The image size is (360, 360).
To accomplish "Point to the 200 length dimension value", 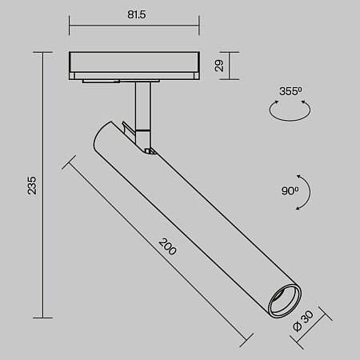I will [x=167, y=246].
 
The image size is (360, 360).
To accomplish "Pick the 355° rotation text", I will [x=292, y=92].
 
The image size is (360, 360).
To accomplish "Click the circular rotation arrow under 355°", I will [x=289, y=114].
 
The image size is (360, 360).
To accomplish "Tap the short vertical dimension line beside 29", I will [x=231, y=66].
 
